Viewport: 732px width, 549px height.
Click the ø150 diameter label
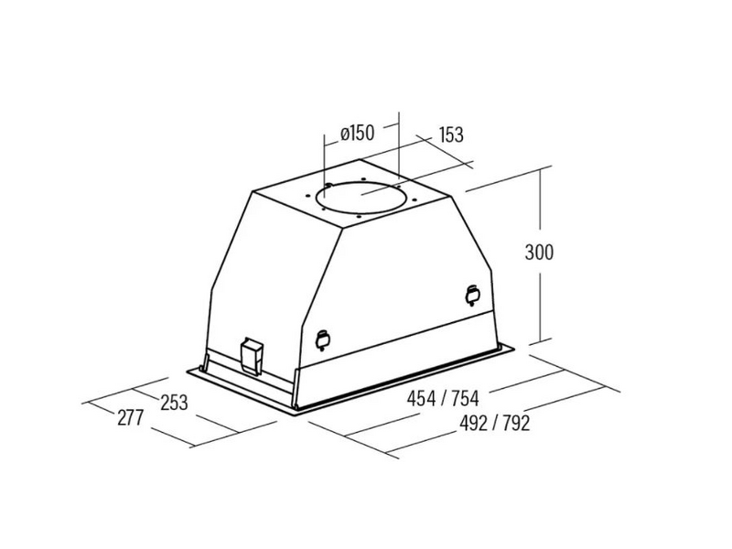[358, 133]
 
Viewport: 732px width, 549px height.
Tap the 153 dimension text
[451, 135]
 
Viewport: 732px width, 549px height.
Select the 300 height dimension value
[539, 253]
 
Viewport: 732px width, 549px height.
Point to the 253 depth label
[174, 403]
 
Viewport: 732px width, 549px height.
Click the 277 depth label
[130, 417]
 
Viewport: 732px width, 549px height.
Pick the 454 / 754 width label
[443, 399]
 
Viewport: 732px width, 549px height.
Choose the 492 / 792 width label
[495, 424]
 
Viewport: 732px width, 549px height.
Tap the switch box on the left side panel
[252, 356]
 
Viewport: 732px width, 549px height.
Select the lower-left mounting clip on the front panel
[323, 339]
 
